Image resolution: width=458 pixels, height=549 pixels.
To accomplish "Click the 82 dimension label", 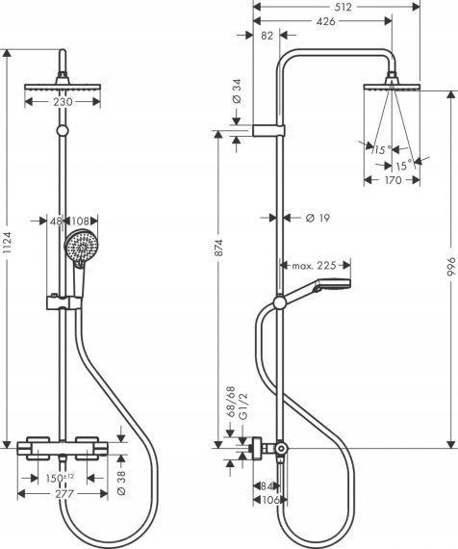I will [x=267, y=36].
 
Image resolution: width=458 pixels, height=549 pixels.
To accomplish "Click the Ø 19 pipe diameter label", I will [x=316, y=219].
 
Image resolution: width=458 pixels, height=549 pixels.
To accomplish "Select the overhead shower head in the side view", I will [x=393, y=86].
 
